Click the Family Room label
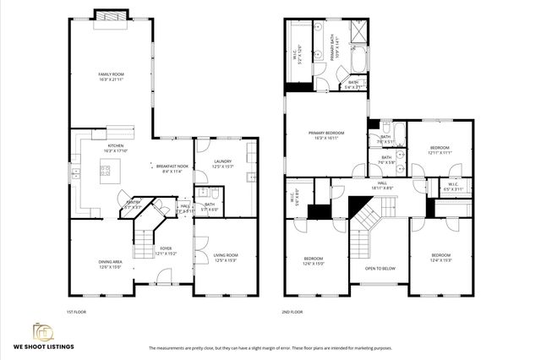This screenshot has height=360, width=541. click(111, 77)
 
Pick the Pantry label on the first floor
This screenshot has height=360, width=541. click(133, 205)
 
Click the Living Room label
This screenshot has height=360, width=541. click(225, 257)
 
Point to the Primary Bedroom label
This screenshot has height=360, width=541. click(325, 134)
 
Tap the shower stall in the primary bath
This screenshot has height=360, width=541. click(358, 35)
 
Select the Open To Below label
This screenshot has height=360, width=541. click(380, 269)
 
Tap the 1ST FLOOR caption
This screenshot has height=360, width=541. click(77, 312)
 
